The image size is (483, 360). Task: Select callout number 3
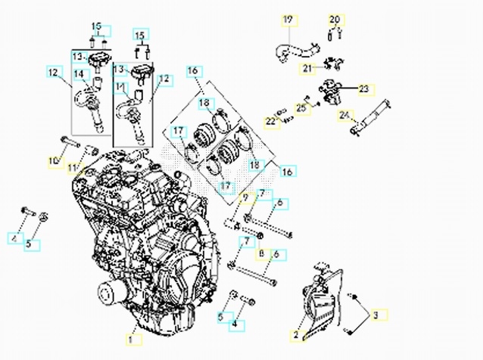click(x=378, y=314)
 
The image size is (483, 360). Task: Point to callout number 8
click(x=261, y=254)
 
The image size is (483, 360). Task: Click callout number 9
click(x=245, y=198)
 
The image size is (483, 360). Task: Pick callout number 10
click(x=54, y=160)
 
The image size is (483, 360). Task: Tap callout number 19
click(x=288, y=19)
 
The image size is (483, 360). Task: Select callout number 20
click(x=335, y=19)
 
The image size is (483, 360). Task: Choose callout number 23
click(x=363, y=89)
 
